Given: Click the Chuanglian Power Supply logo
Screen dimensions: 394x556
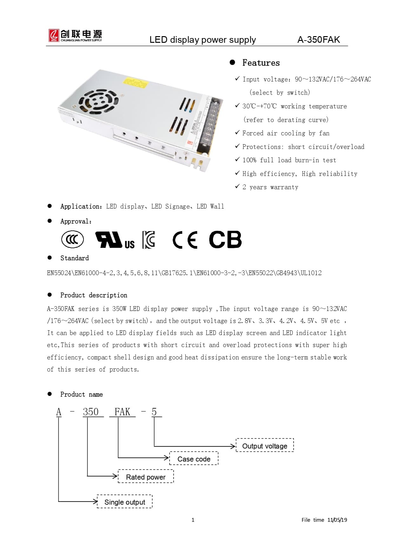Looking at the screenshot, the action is coord(75,36).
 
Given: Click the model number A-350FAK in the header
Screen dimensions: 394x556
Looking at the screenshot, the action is coord(318,40).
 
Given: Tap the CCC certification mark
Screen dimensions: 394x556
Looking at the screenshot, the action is coord(72,239).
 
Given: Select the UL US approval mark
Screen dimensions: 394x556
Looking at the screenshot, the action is coord(115,240).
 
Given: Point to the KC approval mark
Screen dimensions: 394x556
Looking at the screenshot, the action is coord(149,240).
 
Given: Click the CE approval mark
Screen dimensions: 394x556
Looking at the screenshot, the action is coord(185,240).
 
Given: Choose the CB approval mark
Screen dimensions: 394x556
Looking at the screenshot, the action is coord(225,239).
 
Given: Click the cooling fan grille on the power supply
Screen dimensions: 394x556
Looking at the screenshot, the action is coord(98,101).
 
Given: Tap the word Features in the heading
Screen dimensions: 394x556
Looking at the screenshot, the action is coord(261,63).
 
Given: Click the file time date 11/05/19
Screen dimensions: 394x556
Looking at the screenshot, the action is coord(337,520).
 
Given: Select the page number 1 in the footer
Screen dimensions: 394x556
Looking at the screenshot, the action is coord(193,520).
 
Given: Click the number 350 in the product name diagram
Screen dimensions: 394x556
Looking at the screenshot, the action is coord(91,412).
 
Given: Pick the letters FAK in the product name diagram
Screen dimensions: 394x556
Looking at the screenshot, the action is coord(122,412).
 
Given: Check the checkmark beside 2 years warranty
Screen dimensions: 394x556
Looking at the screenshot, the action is coord(237,186).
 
